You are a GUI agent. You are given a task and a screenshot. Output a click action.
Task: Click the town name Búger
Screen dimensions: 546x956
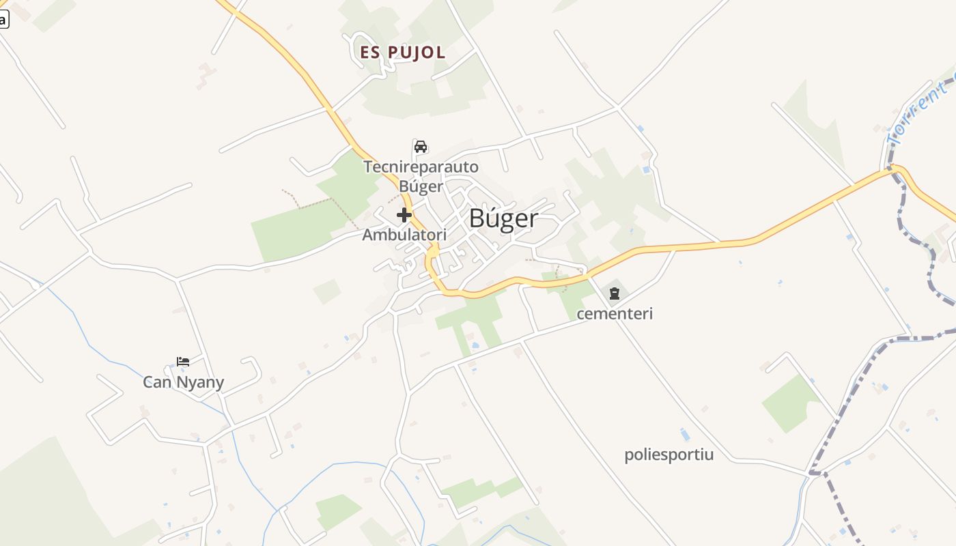click(503, 218)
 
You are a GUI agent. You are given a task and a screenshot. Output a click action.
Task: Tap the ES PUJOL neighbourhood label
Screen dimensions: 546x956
click(403, 53)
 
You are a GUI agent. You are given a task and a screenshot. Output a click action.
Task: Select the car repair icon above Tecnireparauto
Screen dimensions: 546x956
click(421, 147)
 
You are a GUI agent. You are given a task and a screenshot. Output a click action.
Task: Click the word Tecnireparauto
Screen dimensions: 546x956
click(421, 167)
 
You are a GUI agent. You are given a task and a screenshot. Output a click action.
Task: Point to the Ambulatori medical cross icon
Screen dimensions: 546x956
click(404, 216)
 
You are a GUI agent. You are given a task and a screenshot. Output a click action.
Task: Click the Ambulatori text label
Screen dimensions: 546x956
click(404, 235)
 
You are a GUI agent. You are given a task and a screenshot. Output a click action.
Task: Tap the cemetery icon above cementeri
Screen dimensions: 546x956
click(615, 294)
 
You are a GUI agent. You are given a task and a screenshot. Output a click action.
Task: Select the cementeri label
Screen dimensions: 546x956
click(615, 314)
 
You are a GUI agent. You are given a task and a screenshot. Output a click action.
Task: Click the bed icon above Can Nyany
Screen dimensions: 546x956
click(183, 362)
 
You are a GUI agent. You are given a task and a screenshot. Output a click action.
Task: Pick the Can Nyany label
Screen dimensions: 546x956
click(183, 382)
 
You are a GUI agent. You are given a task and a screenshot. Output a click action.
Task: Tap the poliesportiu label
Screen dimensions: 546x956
click(669, 455)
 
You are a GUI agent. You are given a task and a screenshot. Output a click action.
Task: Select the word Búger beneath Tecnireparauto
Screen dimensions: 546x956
click(421, 186)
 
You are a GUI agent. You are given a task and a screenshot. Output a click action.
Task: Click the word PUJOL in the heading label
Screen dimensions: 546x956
click(417, 53)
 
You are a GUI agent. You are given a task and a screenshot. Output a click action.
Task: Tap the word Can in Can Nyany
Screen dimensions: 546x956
click(157, 382)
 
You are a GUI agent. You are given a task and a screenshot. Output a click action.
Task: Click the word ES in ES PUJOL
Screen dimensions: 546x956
click(370, 53)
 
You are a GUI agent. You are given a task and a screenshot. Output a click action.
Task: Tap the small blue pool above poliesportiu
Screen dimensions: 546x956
click(685, 435)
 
